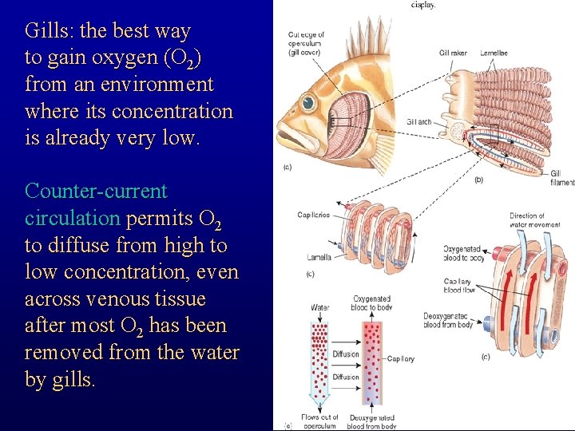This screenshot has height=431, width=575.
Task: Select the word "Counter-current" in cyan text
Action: tap(96, 192)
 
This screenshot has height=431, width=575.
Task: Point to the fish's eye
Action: tap(307, 105)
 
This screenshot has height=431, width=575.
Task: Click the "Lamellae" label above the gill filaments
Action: tap(494, 53)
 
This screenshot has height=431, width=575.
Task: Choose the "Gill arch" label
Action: tap(418, 122)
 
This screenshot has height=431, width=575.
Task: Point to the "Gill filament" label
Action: tap(561, 178)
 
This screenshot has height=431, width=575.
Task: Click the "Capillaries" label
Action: tap(314, 215)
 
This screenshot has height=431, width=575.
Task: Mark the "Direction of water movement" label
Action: tap(527, 220)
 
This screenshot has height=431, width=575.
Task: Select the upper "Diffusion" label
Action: tap(346, 354)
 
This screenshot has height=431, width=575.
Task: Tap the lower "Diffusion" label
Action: tap(346, 377)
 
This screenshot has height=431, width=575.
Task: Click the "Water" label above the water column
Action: tap(319, 306)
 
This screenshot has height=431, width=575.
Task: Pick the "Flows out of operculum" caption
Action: tap(319, 421)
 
